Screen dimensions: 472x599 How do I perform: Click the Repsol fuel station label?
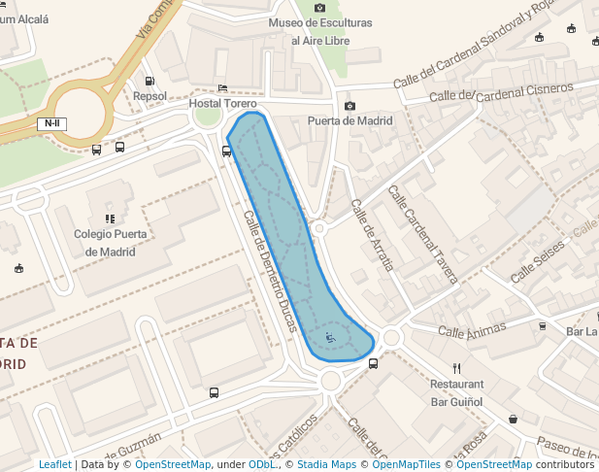click(150, 96)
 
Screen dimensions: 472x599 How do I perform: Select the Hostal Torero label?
click(223, 103)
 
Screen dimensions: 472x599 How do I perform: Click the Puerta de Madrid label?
click(349, 121)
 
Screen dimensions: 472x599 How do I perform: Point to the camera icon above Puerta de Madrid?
click(349, 106)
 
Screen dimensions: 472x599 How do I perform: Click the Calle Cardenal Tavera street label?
click(422, 234)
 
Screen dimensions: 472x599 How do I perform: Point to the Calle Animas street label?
click(472, 332)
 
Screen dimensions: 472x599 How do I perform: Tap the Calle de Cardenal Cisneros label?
click(501, 92)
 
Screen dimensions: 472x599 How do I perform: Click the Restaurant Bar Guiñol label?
click(456, 392)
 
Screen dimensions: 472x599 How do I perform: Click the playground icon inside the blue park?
click(330, 337)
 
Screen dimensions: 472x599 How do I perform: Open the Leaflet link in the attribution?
click(54, 465)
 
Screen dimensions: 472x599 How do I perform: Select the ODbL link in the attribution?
click(262, 465)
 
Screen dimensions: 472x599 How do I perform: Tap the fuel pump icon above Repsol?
click(150, 81)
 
